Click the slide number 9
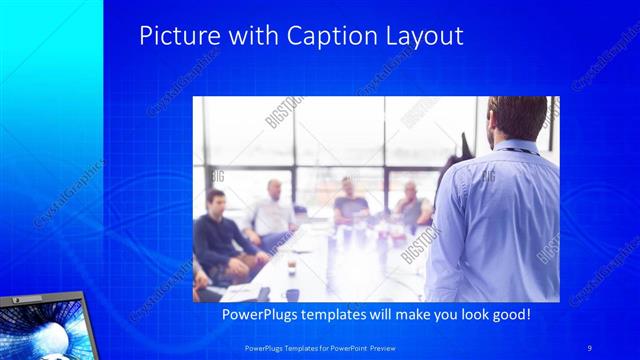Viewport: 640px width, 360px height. click(x=590, y=346)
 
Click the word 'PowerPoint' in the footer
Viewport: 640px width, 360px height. click(x=346, y=346)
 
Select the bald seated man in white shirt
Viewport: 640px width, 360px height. click(x=273, y=210)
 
